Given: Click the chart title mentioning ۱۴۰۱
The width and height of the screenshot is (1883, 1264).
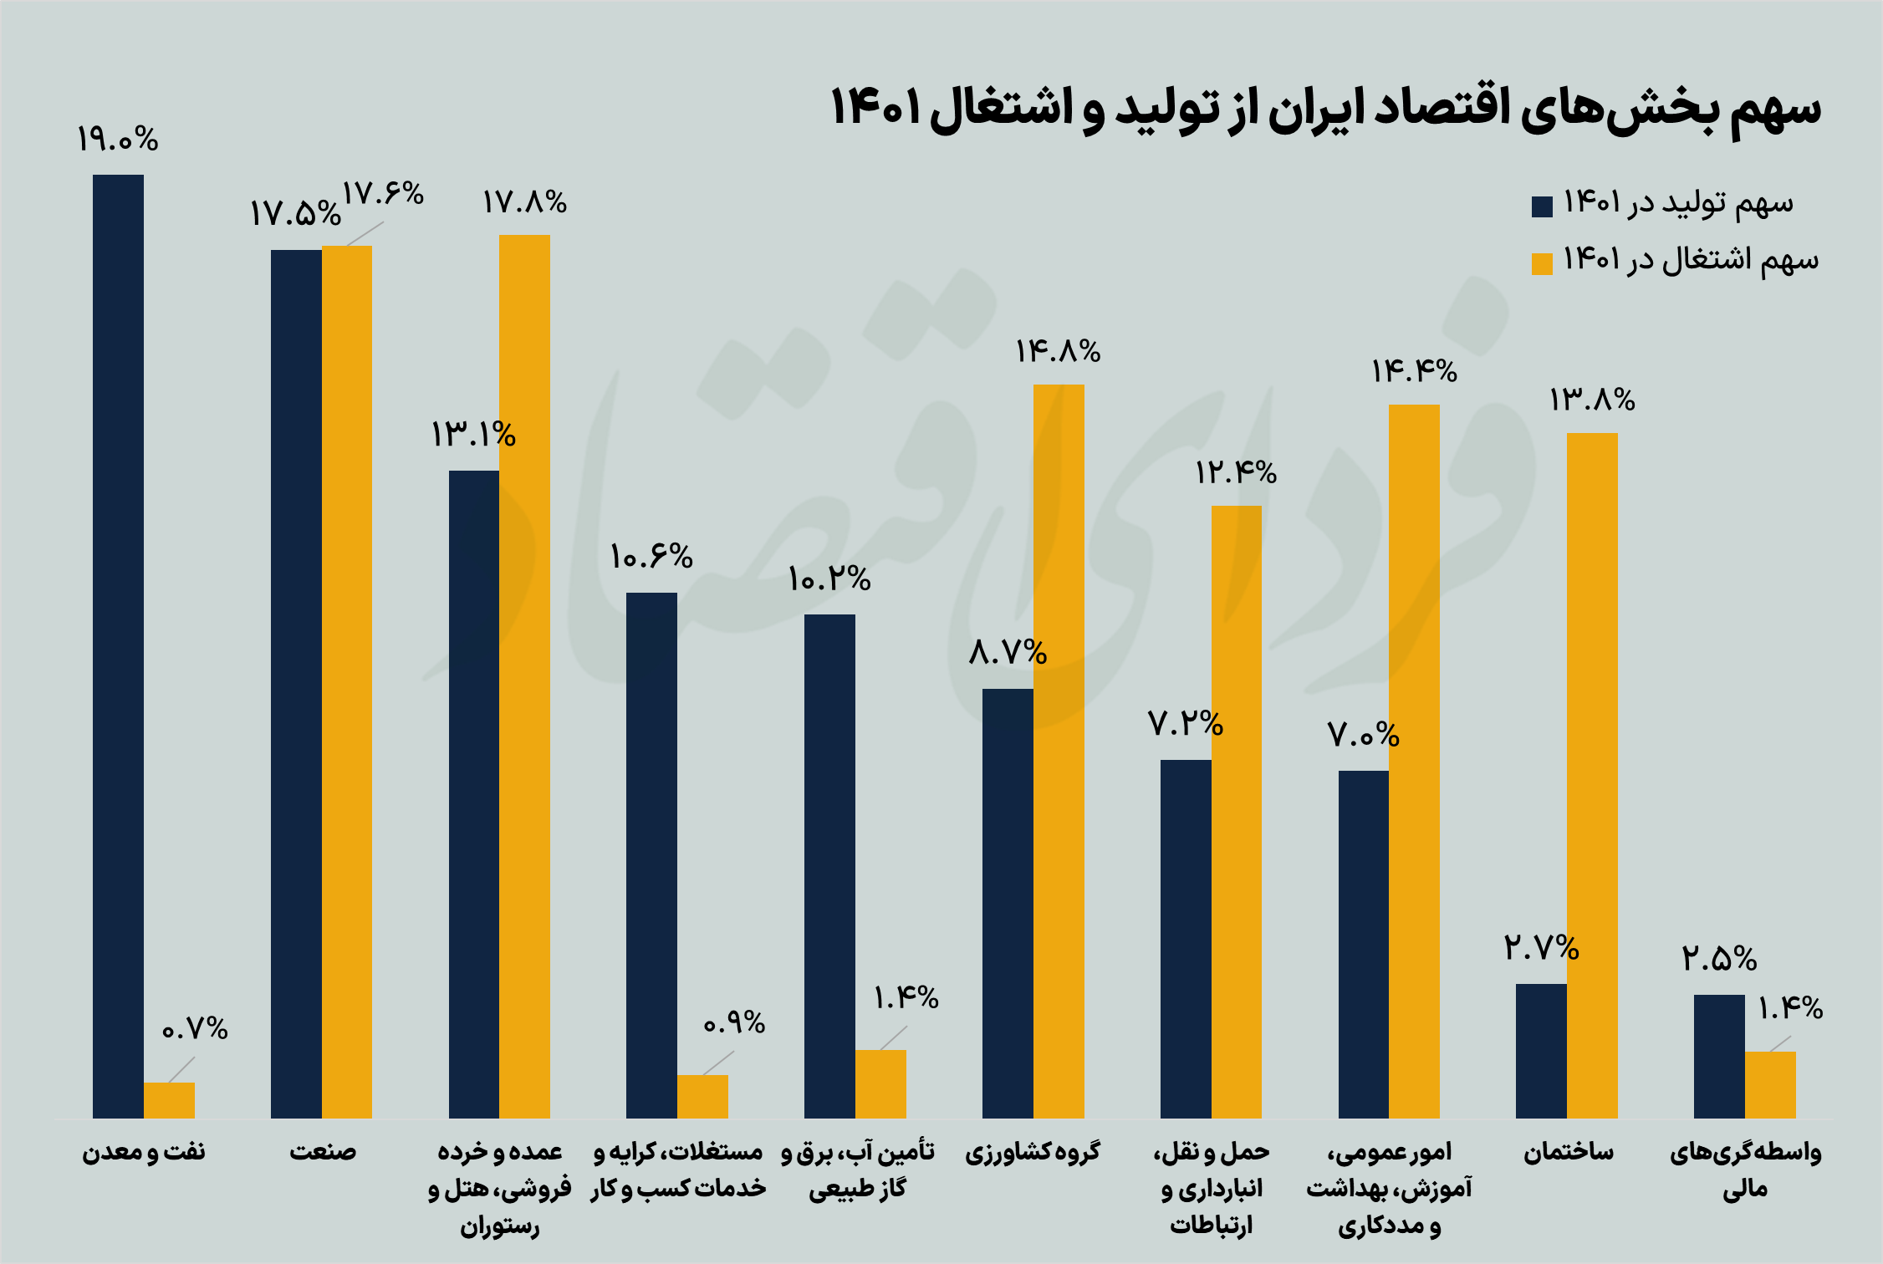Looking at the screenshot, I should [1325, 110].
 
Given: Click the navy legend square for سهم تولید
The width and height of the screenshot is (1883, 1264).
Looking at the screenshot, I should [1542, 206].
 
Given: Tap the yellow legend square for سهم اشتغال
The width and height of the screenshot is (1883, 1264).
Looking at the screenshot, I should [1542, 263].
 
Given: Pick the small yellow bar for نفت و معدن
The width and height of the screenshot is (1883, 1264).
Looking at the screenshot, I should [169, 1100].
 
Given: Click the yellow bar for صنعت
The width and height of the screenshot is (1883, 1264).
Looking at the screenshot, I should [347, 681].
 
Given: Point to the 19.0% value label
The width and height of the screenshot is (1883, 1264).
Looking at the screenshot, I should [118, 140].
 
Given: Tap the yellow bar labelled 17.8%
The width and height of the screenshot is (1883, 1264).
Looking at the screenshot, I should [524, 676].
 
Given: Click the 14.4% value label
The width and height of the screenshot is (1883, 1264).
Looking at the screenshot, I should [1414, 371].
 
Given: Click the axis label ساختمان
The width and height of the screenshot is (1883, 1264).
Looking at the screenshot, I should [1569, 1153].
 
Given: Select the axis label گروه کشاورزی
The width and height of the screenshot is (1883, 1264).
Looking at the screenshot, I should [1033, 1153].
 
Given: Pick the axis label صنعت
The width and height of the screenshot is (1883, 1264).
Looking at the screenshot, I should [323, 1153].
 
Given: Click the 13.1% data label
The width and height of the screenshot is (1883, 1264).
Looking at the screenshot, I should [473, 435].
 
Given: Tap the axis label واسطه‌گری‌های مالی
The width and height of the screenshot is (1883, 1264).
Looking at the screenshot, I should [1745, 1170].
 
